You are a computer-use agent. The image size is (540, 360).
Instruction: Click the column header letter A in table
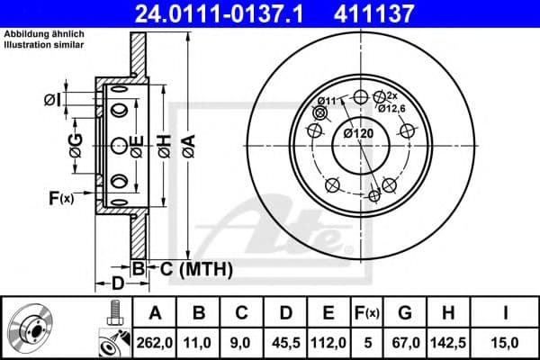pos(155,313)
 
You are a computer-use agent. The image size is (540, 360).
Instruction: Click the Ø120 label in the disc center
pos(359,133)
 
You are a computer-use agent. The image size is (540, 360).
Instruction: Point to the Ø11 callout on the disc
pos(328,99)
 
